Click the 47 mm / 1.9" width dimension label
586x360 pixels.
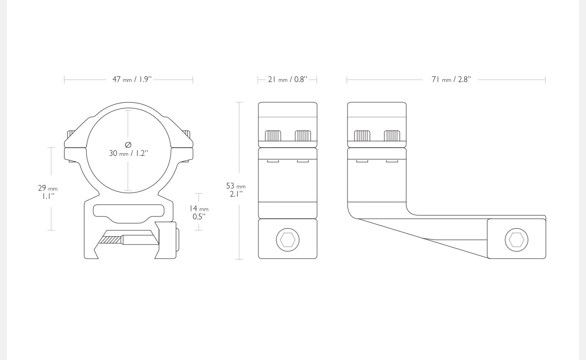132,80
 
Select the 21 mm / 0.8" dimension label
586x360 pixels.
288,80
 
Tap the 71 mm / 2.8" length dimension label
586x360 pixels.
451,80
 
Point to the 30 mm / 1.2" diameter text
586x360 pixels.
129,153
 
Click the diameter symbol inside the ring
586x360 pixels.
128,145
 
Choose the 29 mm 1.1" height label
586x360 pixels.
48,192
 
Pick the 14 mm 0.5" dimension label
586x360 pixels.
199,212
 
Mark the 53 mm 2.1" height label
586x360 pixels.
236,190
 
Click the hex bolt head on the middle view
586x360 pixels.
288,240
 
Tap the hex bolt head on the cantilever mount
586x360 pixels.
516,240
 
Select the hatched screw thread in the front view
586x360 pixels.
111,240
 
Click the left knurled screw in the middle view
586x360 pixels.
273,136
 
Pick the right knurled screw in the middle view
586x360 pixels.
303,136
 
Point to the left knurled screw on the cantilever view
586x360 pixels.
362,136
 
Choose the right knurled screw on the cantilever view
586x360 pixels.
392,136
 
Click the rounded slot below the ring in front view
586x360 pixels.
129,214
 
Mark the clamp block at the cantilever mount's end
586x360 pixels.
516,239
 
